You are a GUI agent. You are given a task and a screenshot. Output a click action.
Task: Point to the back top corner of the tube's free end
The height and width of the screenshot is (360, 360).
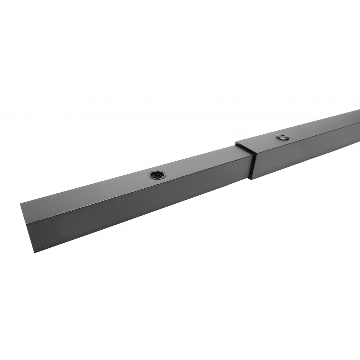pos(21,203)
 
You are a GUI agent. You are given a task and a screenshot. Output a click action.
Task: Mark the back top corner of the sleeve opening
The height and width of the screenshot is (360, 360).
pos(236,143)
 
